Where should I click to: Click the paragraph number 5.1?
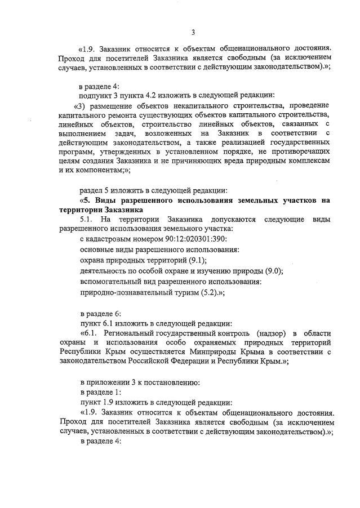click(88, 219)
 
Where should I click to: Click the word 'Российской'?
click(156, 362)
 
